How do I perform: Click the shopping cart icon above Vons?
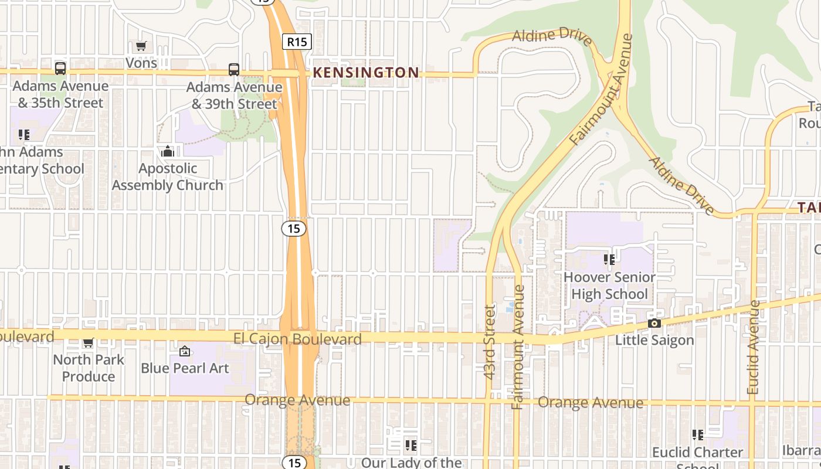coord(141,46)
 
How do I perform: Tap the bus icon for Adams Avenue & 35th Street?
coord(60,69)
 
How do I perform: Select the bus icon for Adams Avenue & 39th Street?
coord(234,70)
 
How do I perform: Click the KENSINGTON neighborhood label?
coord(366,73)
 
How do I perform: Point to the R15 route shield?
coord(297,42)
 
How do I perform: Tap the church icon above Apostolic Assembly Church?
coord(168,152)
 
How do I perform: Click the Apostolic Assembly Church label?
coord(168,176)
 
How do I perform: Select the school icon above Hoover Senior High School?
coord(609,259)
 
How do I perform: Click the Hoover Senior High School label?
coord(609,286)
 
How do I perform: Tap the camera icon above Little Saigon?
coord(654,323)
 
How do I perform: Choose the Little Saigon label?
coord(654,340)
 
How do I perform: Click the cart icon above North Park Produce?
coord(88,342)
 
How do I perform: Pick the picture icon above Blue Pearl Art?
coord(185,351)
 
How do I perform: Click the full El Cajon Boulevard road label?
coord(297,339)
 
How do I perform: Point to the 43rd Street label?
coord(490,341)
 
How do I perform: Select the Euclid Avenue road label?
coord(754,347)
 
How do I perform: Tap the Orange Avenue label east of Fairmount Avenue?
coord(591,403)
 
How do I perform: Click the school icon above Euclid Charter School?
coord(698,435)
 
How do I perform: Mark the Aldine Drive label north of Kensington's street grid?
coord(552,36)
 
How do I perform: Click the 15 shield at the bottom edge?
coord(294,463)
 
